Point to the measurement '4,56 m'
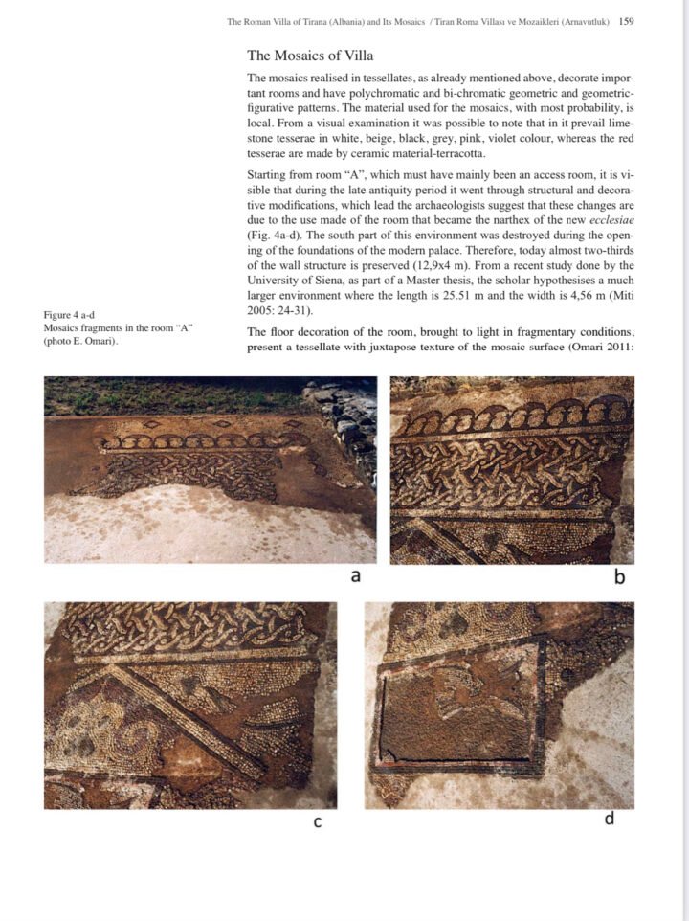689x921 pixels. (x=595, y=297)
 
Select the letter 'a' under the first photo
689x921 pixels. (x=355, y=575)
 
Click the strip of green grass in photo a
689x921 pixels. (x=172, y=393)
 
